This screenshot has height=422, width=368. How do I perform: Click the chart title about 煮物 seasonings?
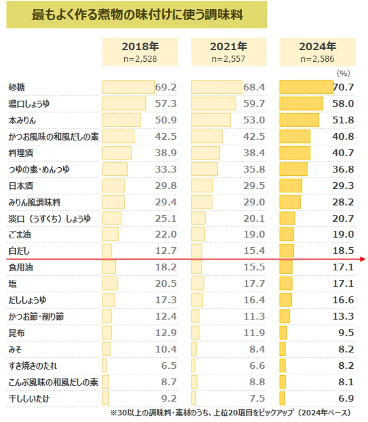137,15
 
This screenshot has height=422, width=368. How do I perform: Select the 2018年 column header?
140,47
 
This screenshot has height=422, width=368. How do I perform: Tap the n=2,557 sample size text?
229,59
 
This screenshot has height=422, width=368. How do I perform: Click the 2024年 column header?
317,47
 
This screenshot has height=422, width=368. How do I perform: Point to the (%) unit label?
343,73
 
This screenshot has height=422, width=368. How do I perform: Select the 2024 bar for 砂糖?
306,87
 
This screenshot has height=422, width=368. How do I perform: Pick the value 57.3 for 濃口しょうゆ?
166,103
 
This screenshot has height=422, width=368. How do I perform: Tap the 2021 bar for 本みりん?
211,120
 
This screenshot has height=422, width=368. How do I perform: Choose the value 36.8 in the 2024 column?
343,169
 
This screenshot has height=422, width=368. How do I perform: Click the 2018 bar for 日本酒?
113,185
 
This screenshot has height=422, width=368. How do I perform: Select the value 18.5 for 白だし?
343,251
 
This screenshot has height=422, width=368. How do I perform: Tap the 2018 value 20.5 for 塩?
166,284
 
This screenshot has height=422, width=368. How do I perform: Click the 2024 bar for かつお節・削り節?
285,316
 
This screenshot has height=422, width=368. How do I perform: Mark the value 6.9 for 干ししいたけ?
346,399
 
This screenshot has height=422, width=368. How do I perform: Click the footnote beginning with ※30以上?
231,413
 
